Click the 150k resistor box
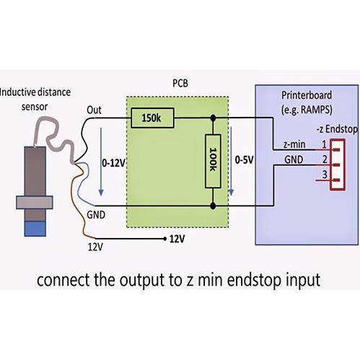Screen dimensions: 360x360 [152, 118]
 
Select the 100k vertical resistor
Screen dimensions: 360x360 [213, 161]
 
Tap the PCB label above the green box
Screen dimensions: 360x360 [180, 83]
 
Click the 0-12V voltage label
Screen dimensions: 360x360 [113, 163]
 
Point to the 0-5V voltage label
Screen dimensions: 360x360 [244, 159]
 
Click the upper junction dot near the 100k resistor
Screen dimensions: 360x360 [213, 118]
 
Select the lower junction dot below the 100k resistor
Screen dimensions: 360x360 [213, 206]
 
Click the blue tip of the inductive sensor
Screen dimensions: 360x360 [35, 229]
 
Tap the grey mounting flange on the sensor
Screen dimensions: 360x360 [35, 202]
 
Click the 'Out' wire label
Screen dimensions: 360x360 [94, 110]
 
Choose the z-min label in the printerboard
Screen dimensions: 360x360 [294, 144]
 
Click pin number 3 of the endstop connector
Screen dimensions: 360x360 [325, 175]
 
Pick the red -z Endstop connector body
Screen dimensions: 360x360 [338, 165]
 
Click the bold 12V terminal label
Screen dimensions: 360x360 [177, 239]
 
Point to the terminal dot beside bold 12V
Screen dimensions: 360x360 [164, 239]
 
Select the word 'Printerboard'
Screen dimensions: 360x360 [307, 95]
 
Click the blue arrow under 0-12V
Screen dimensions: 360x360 [101, 162]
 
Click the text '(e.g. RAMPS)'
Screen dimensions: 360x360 [307, 110]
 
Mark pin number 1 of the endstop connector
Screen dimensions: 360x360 [325, 144]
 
